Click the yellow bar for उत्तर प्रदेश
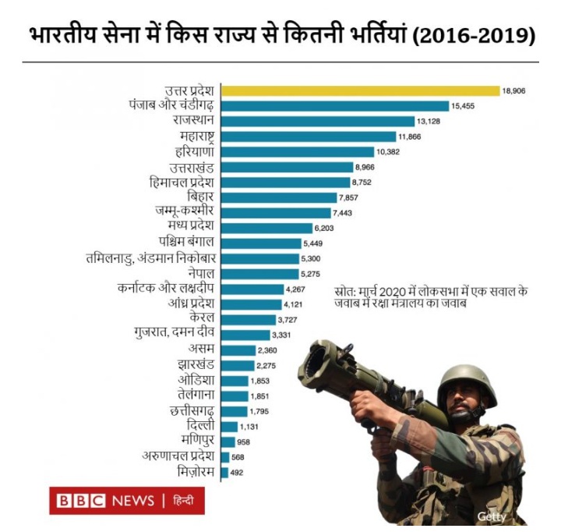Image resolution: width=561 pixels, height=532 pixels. click(360, 90)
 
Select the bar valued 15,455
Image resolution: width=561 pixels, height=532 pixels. click(335, 106)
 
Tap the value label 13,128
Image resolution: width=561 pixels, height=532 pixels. click(429, 122)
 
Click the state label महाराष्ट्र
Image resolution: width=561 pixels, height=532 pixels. click(192, 137)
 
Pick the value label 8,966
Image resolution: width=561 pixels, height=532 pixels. click(365, 168)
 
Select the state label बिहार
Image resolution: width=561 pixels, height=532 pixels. click(197, 197)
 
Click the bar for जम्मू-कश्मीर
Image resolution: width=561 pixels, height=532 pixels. click(276, 213)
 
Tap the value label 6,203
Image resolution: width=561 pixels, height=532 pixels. click(323, 228)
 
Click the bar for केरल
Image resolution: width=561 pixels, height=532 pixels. click(248, 320)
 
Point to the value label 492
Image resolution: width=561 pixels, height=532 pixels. click(237, 472)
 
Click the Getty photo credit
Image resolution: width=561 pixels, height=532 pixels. click(492, 516)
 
